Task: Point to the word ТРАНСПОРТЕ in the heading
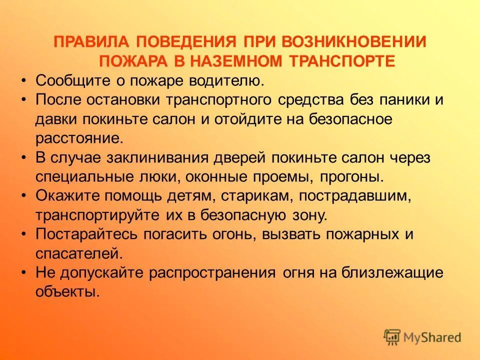tap(343, 60)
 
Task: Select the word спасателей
tap(78, 254)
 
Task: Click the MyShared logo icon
tap(392, 337)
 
